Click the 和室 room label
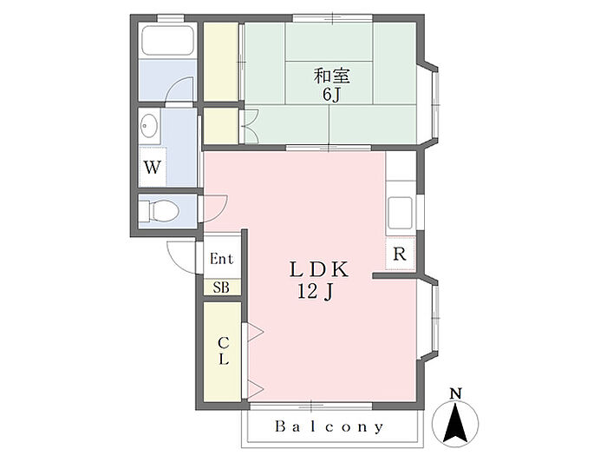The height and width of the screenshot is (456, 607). click(331, 76)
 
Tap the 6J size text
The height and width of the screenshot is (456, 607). click(331, 94)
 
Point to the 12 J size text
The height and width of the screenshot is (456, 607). click(317, 292)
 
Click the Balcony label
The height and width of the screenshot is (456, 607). click(330, 426)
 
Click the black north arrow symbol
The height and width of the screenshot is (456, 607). click(458, 421)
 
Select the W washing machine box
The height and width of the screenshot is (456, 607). click(153, 168)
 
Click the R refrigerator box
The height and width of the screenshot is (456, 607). click(400, 254)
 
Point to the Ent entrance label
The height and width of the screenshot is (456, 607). click(222, 259)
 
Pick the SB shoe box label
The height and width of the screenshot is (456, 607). click(222, 287)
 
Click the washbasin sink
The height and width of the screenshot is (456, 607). click(148, 127)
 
